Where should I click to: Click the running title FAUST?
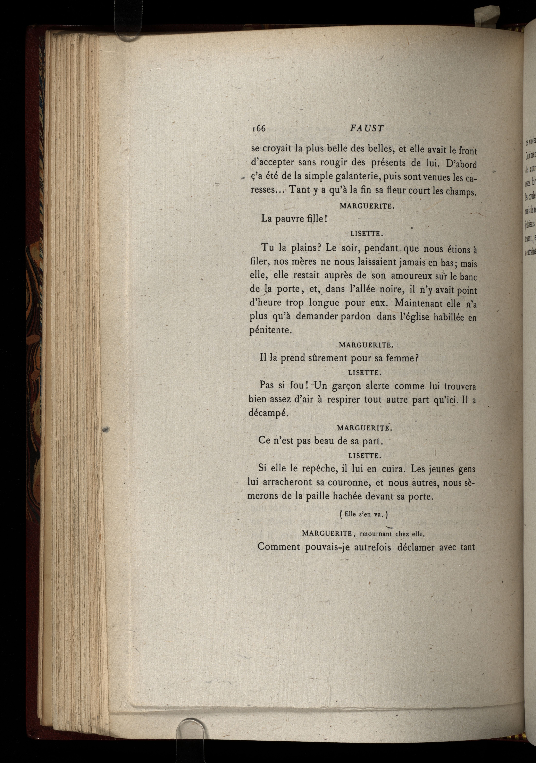[367, 128]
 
